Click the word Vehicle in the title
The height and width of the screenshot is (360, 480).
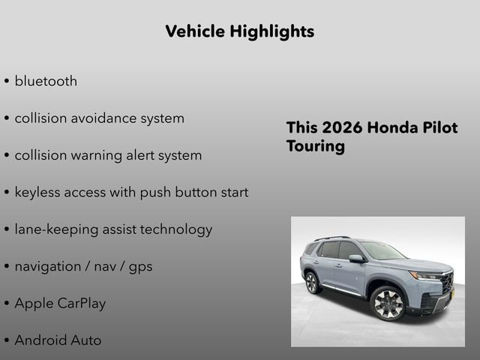click(x=190, y=31)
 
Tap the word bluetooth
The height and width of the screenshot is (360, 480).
click(x=46, y=81)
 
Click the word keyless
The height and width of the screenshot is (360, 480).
click(x=37, y=192)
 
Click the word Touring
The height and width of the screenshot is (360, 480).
click(x=316, y=146)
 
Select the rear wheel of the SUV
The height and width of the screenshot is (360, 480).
click(x=312, y=282)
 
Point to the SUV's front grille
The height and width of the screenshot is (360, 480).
click(x=447, y=283)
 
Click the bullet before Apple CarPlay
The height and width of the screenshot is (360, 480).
click(x=7, y=304)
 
